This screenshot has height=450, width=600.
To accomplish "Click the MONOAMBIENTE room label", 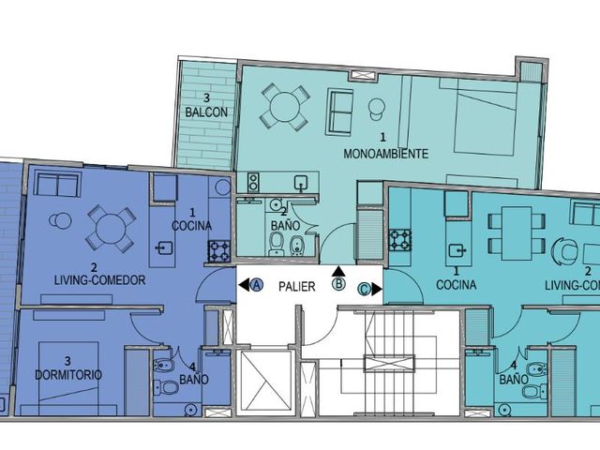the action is coord(385,154).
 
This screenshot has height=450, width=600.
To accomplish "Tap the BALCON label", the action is coord(206,112).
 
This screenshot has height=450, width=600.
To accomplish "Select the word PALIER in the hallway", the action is coord(297,287).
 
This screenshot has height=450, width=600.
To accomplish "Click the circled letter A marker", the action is coord(257,285).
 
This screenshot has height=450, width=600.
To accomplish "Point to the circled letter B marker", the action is coord(338,284).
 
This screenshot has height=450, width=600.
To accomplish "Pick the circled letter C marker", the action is coord(364,290).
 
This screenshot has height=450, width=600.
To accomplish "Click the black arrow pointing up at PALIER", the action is coord(338,271).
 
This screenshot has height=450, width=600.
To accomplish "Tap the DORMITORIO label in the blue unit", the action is coord(68,375).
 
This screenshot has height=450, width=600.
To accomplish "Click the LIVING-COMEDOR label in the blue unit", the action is coord(100,280).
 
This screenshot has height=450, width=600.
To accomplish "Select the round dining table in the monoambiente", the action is coord(284,107).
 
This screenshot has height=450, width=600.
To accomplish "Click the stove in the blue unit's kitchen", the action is coord(219,251).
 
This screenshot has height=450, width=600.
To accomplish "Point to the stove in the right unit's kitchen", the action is coord(400,240).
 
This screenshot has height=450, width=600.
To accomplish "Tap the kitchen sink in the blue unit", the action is coord(165,248).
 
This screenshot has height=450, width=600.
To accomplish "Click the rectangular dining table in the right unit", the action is coord(517,233).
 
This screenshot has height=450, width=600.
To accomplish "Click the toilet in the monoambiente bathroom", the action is coord(277,244).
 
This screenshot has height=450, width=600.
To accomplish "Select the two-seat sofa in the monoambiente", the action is coord(339,112).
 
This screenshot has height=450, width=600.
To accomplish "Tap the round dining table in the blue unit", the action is coord(111,229).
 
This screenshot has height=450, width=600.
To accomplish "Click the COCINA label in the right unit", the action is coord(457,285).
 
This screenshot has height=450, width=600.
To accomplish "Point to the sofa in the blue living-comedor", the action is coord(58,184).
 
